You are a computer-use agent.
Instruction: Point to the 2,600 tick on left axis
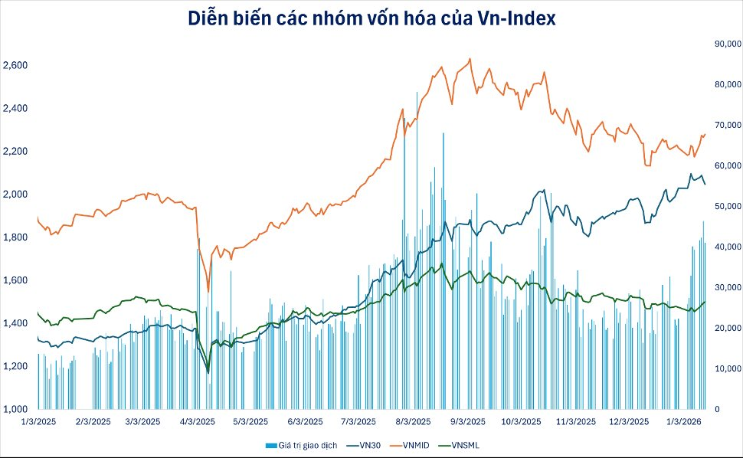(x=15, y=66)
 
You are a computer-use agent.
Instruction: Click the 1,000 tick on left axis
(x=15, y=409)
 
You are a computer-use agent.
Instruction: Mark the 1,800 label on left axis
(x=15, y=237)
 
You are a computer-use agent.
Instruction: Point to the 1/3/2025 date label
(x=38, y=422)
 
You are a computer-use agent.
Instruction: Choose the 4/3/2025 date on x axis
(x=198, y=422)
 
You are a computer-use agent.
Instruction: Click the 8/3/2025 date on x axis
(x=413, y=422)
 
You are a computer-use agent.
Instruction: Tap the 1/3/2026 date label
(x=684, y=422)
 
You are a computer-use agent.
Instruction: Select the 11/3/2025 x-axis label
(x=575, y=422)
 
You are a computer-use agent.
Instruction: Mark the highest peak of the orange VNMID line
(x=469, y=58)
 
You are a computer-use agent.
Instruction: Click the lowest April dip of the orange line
(x=208, y=291)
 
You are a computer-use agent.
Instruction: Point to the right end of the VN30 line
(x=705, y=184)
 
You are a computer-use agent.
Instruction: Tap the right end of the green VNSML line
(x=705, y=302)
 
